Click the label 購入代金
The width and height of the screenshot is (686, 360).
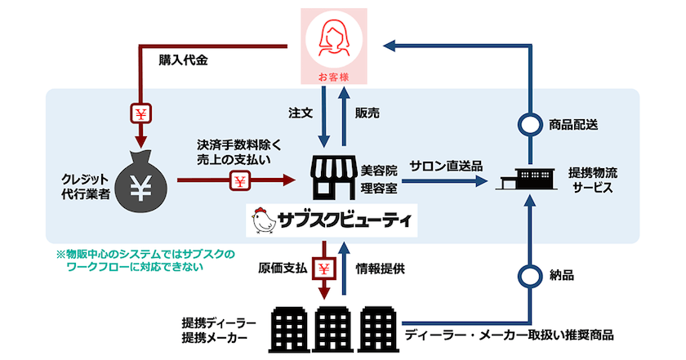pos(183,60)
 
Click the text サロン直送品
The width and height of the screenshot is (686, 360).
pos(447,165)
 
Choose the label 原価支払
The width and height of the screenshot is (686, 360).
pos(284,267)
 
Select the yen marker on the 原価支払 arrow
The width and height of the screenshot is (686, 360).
pos(325,268)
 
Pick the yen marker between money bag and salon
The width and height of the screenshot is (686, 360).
pos(240,180)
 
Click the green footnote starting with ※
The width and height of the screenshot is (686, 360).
pos(145,260)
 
